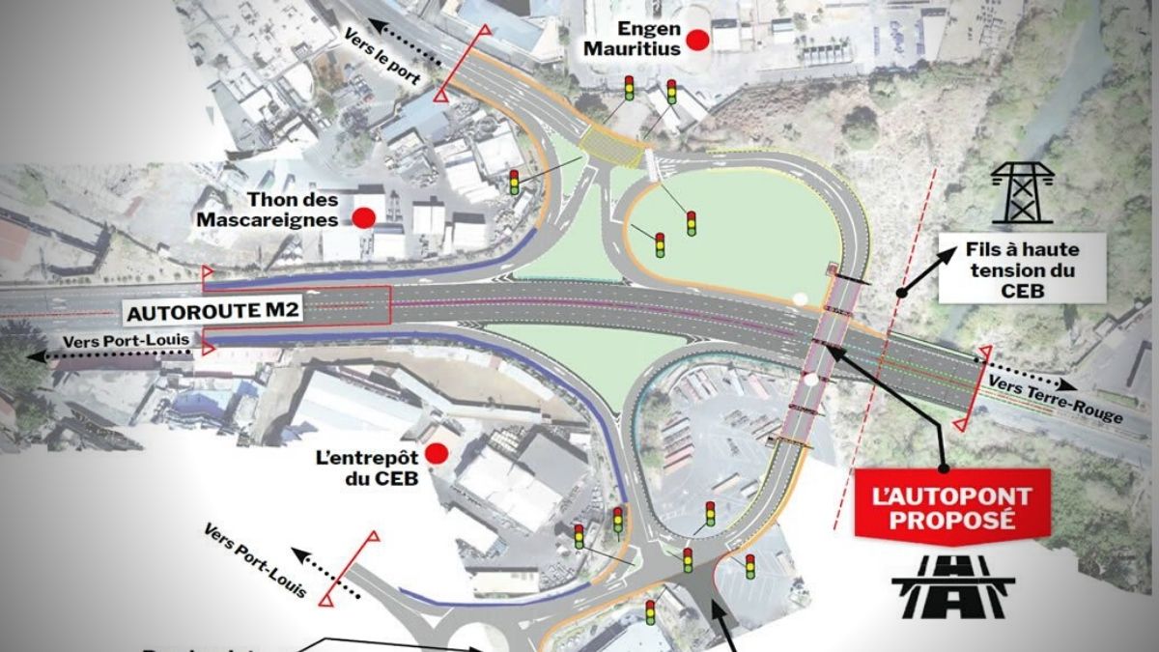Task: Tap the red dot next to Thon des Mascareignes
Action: coord(363,217)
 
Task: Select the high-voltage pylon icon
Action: coord(1023,192)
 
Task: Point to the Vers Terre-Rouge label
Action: coord(1057,400)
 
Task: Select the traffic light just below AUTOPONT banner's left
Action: coord(749,566)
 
